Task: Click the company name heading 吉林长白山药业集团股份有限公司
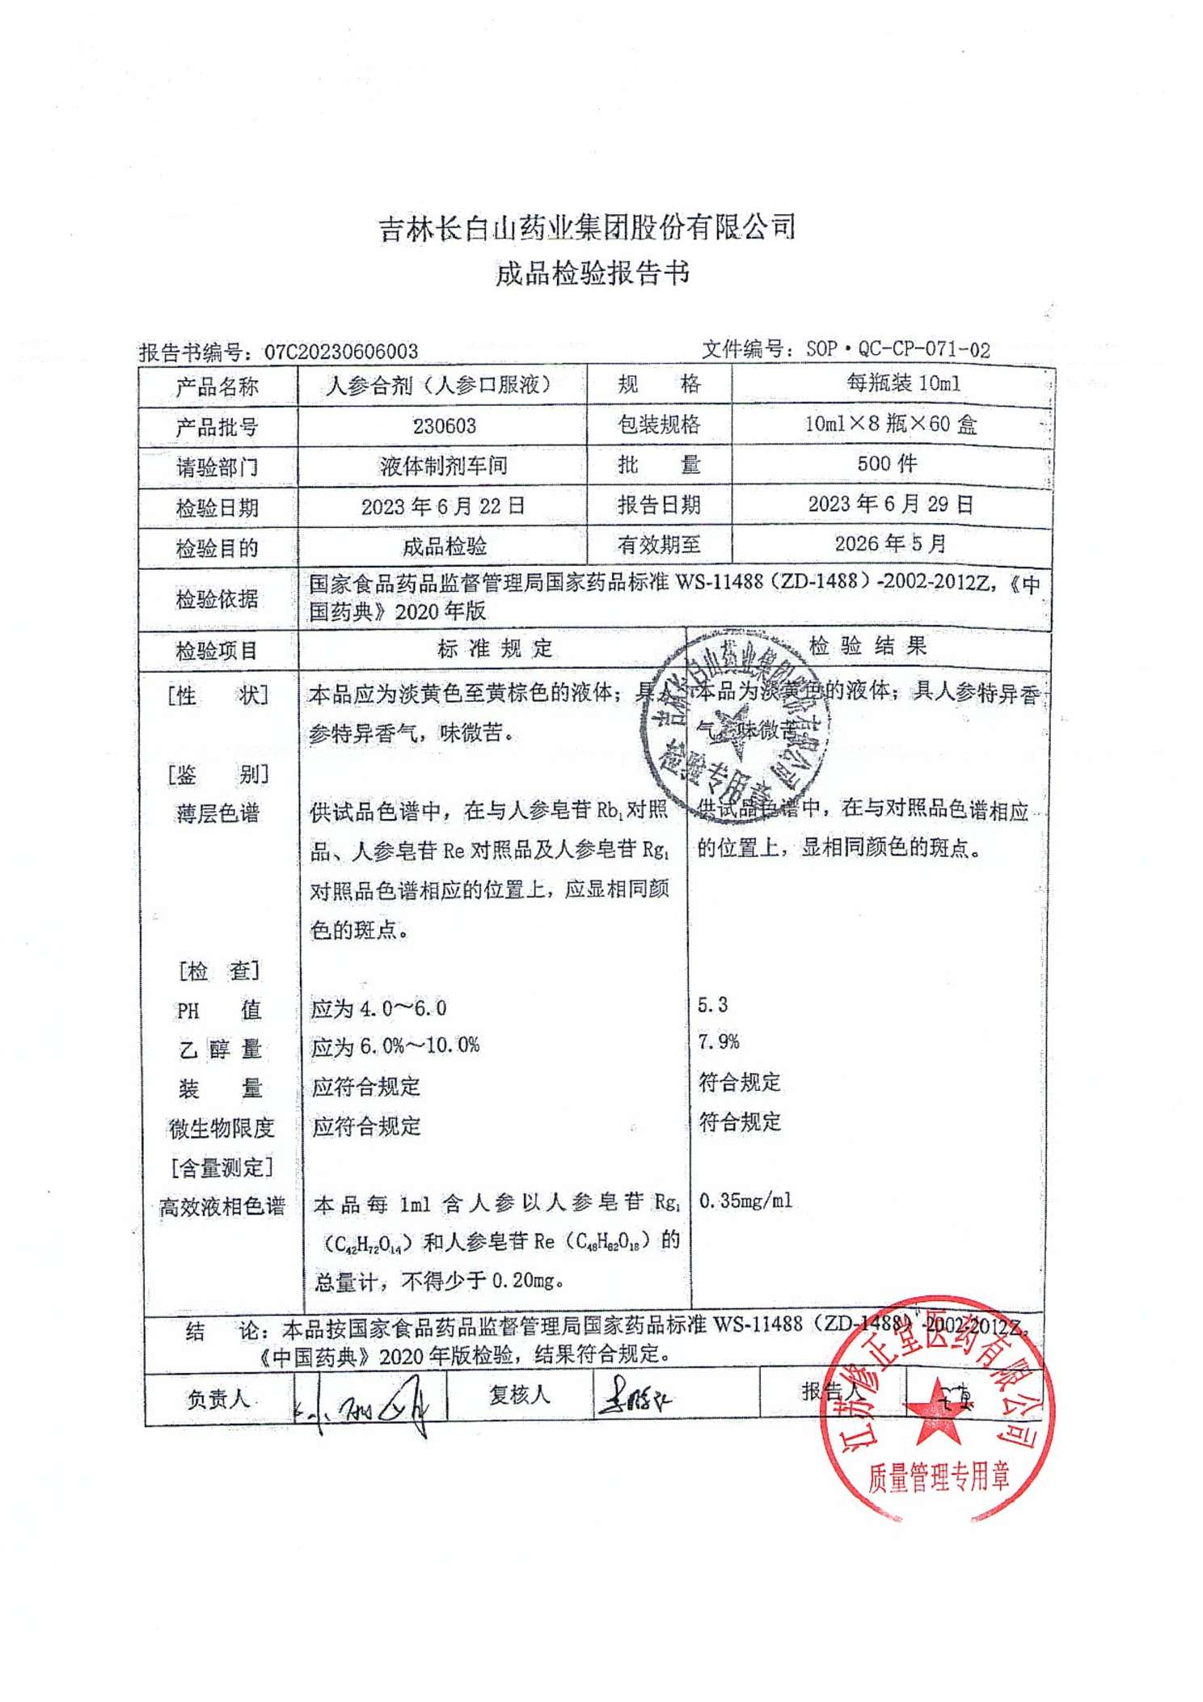(x=588, y=229)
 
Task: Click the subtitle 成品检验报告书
(x=592, y=274)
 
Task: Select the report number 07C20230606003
(x=341, y=352)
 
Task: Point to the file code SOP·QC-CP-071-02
(x=897, y=349)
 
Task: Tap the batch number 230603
(x=444, y=426)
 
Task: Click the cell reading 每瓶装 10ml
(x=903, y=383)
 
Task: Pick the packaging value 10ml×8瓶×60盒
(x=891, y=424)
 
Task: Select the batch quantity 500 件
(x=887, y=463)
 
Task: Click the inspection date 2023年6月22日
(x=443, y=506)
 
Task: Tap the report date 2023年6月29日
(x=890, y=505)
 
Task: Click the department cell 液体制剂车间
(x=443, y=466)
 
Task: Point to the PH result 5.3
(x=712, y=1005)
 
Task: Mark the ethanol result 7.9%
(x=719, y=1042)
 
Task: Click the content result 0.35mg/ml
(x=745, y=1201)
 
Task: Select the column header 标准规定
(x=495, y=648)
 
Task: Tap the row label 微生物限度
(x=221, y=1128)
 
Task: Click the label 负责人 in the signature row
(x=218, y=1398)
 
